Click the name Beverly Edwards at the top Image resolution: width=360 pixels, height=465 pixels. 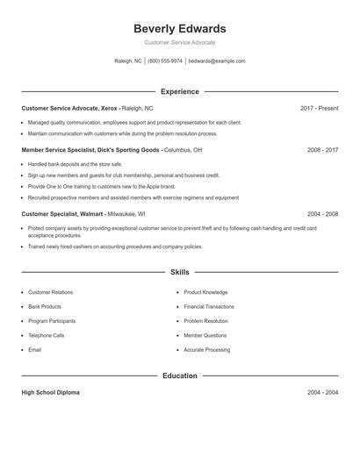[179, 28]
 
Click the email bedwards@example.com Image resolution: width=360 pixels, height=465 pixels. [217, 61]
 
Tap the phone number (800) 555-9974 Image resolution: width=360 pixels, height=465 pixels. [165, 61]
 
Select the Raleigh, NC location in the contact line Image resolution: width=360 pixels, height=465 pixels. [127, 61]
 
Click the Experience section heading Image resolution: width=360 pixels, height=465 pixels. [179, 91]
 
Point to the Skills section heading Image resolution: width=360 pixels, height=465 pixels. [179, 273]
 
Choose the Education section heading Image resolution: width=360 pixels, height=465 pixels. [179, 376]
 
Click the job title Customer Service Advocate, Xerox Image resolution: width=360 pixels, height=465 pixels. [68, 108]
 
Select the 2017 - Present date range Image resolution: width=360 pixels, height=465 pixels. [319, 108]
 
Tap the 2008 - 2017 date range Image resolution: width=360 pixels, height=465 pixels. [322, 150]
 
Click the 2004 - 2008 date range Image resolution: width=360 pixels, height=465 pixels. [322, 213]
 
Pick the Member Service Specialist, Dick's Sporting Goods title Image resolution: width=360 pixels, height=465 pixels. [90, 150]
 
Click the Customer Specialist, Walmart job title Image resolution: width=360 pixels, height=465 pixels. [62, 213]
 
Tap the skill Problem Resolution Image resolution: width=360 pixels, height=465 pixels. [206, 321]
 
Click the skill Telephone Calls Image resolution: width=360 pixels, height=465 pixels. [47, 335]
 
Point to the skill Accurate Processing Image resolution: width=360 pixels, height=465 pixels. [207, 350]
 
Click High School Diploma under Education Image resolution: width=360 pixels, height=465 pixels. [50, 392]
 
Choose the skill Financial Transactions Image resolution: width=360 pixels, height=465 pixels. [209, 307]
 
